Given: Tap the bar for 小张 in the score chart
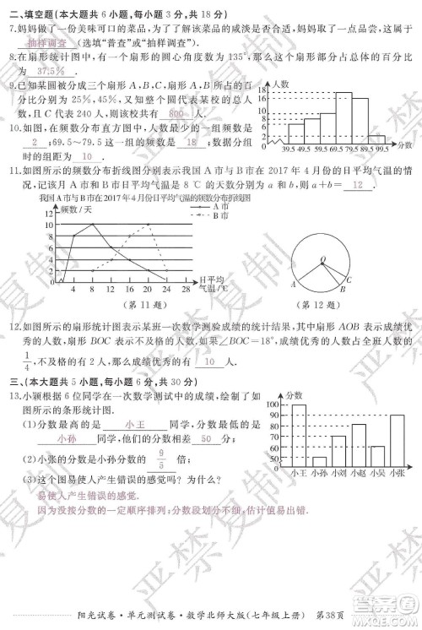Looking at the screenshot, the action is point(396,441).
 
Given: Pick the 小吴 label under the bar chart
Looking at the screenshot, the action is point(377,474).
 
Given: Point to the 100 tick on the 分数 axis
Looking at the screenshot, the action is point(274,406).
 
